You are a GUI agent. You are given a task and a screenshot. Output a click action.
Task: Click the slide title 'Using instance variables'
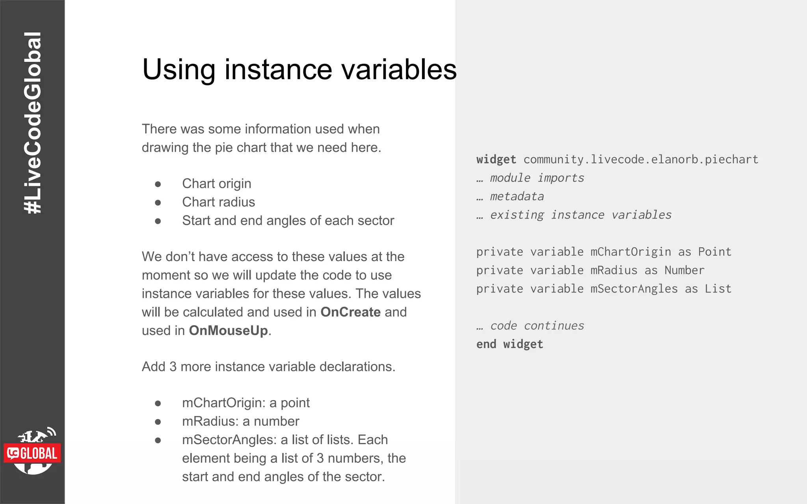coord(299,70)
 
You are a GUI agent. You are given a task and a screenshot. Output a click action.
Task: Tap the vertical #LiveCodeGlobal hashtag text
coord(32,123)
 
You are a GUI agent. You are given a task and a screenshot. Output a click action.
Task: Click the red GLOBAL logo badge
coord(32,453)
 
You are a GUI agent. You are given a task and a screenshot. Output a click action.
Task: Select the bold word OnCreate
coord(350,312)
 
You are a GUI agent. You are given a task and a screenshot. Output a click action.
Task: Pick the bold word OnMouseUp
coord(228,330)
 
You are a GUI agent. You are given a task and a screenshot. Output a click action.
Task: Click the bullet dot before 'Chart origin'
coord(158,184)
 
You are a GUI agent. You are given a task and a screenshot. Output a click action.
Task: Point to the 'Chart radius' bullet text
coord(218,202)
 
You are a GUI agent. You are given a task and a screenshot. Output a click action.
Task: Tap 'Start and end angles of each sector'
coord(288,220)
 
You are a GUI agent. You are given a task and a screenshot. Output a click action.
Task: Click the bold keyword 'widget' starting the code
coord(496,159)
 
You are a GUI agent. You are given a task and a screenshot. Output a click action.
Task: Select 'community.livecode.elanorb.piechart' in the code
coord(640,159)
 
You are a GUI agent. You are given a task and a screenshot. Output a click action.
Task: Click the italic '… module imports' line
coord(530,178)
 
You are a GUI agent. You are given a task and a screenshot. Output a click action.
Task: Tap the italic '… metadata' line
coord(510,196)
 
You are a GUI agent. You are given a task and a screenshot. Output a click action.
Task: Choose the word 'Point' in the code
coord(714,252)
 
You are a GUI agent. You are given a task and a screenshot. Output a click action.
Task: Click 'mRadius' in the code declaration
coord(614,271)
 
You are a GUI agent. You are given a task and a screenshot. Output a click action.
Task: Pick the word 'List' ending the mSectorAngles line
coord(718,289)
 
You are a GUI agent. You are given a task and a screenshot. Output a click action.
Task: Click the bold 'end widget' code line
coord(509,345)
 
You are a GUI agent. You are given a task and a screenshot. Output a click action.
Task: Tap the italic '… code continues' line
coord(530,326)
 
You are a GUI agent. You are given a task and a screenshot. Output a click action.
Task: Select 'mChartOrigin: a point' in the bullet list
coord(245,403)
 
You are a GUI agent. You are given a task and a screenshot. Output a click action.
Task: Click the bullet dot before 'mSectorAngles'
coord(158,440)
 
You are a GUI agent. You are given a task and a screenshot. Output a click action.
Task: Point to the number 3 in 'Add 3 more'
coord(173,367)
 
